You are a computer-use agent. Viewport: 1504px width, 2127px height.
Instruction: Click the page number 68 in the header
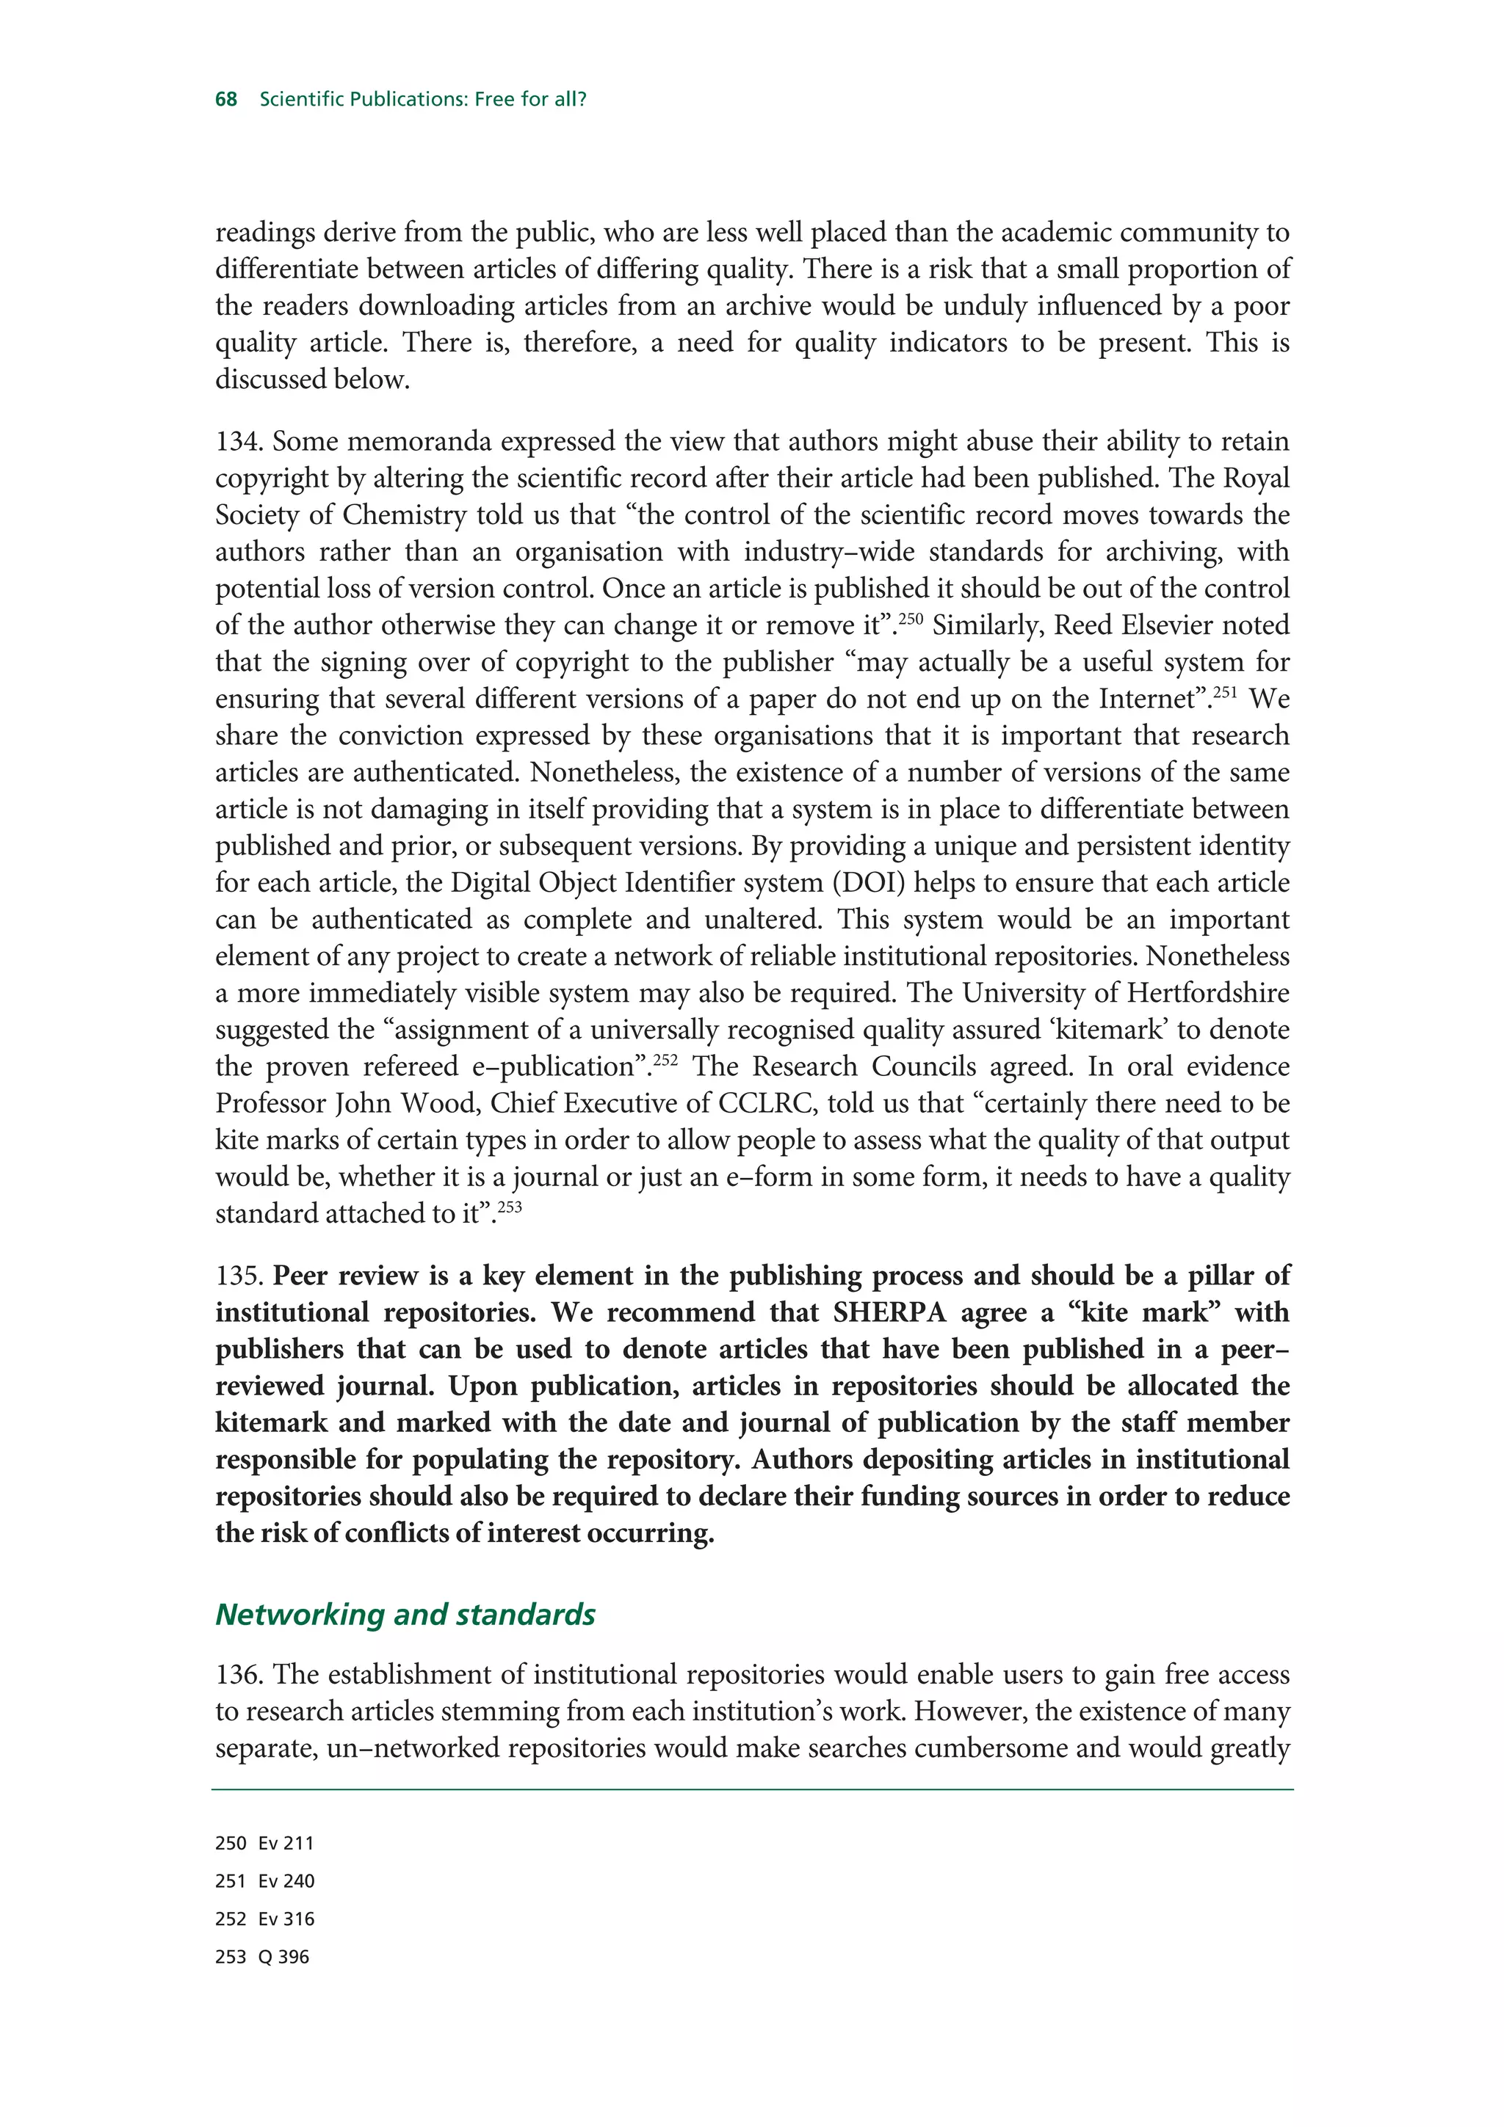pos(226,99)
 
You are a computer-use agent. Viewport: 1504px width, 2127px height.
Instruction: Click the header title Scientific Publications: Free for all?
pos(424,99)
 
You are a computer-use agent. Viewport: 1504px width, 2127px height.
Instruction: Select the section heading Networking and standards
pos(405,1614)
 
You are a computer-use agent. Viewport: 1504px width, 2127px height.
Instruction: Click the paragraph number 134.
pos(239,442)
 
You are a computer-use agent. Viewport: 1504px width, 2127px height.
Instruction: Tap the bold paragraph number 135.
pos(239,1276)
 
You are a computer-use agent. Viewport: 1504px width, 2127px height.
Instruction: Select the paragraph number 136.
pos(239,1675)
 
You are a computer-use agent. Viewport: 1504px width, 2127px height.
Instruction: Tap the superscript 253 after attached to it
pos(510,1206)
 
